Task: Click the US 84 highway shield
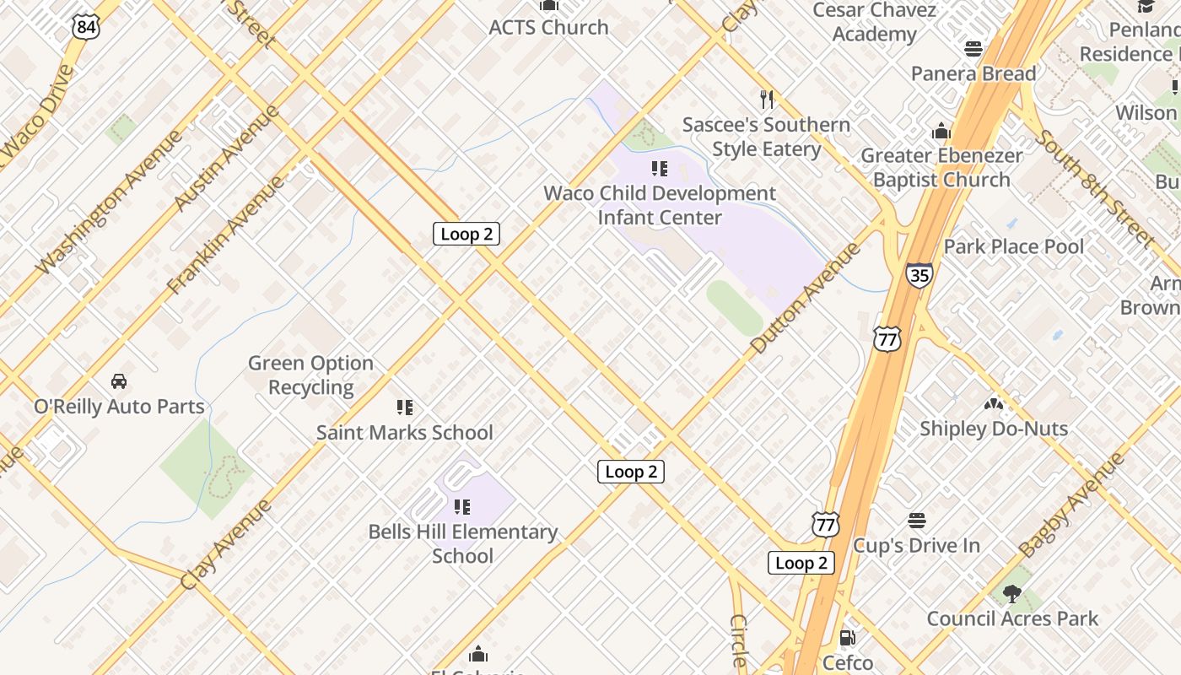point(86,27)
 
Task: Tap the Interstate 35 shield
point(919,275)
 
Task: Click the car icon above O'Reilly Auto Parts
point(119,381)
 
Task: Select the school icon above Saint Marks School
point(405,408)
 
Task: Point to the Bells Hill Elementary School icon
point(461,507)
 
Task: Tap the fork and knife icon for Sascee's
point(767,100)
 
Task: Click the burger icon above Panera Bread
point(973,49)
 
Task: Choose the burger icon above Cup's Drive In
point(917,521)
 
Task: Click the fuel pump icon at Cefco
point(847,638)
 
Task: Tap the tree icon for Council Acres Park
point(1012,594)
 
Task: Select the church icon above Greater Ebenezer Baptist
point(941,132)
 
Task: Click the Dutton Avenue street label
point(806,297)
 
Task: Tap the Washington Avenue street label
point(109,202)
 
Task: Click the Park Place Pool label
point(1014,247)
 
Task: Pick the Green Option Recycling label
point(310,375)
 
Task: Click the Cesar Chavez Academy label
point(874,22)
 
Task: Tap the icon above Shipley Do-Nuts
point(993,404)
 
